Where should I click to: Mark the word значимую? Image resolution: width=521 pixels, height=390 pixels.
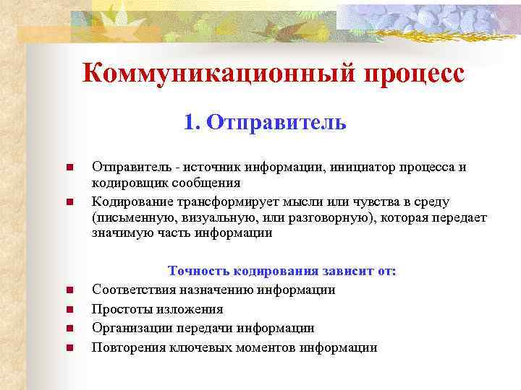coord(120,233)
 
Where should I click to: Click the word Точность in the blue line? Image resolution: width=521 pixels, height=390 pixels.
coord(198,271)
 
